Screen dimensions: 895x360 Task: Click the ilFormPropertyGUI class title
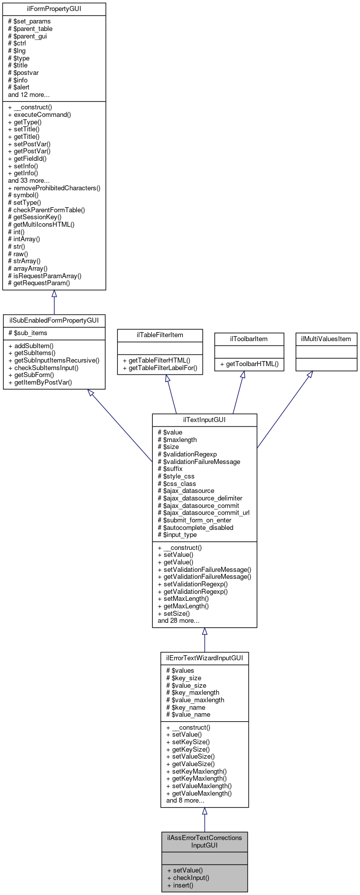[54, 9]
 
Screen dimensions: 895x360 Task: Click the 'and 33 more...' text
[28, 181]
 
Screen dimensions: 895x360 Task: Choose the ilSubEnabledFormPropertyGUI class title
[54, 320]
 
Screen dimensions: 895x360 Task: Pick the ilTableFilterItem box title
[160, 335]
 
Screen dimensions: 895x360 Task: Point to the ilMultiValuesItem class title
[326, 339]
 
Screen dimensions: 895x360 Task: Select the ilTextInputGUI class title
[204, 420]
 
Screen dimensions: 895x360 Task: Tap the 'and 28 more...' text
[178, 621]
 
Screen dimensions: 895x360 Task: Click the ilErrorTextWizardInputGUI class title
[204, 658]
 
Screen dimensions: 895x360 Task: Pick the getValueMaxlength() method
[199, 793]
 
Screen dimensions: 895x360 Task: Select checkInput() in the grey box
[188, 878]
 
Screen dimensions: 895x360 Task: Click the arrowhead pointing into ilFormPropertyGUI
[54, 294]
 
